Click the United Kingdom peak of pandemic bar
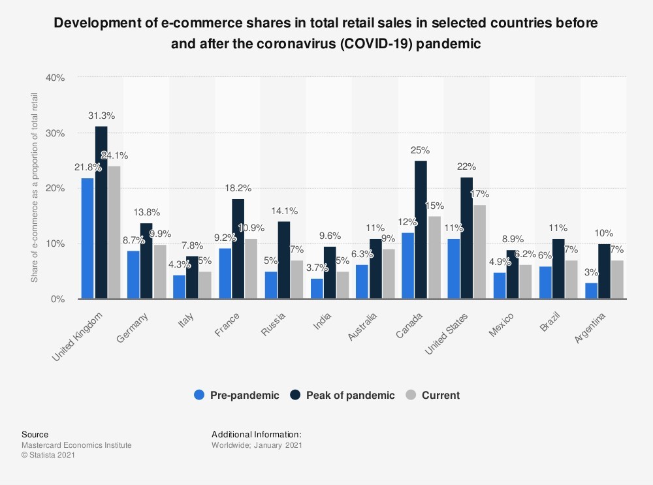(x=101, y=213)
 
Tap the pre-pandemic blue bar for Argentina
(x=591, y=291)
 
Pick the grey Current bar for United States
(x=480, y=252)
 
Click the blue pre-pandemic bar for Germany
(x=133, y=275)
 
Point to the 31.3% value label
(x=101, y=116)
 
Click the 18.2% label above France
(x=238, y=188)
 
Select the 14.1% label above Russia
(x=284, y=211)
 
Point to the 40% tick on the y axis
(x=56, y=78)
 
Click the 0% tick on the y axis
(x=58, y=300)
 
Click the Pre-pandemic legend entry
(x=236, y=395)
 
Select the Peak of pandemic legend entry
(x=343, y=395)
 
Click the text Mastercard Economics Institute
(x=76, y=445)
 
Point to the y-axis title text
(x=34, y=188)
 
